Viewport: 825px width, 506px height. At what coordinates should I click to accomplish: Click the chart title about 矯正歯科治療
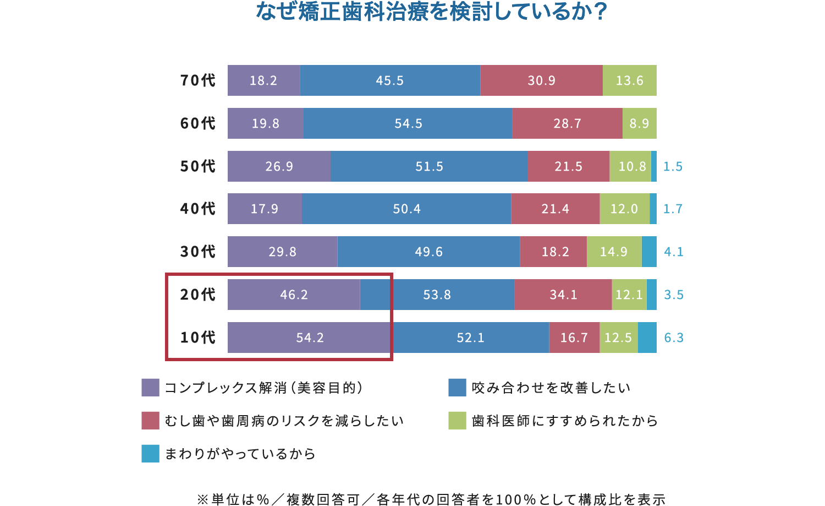431,12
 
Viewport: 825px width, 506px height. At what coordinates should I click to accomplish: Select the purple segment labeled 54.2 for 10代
310,338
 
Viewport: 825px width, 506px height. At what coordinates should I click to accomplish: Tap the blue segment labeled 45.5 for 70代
390,80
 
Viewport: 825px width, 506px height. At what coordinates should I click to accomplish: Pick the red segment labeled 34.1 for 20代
563,295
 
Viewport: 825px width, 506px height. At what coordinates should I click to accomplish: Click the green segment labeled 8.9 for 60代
639,123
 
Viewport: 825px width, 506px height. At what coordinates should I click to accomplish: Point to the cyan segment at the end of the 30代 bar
649,252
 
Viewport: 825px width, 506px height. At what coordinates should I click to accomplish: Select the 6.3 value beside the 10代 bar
673,338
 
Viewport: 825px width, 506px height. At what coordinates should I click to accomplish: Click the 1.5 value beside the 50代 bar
673,166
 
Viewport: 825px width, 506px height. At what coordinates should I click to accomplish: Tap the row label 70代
198,80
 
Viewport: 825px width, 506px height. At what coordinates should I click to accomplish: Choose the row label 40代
198,209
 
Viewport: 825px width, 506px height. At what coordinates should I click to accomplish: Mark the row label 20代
198,295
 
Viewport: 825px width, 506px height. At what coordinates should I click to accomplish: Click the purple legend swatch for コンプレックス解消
150,388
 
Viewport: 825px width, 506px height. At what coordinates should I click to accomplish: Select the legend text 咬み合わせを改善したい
551,388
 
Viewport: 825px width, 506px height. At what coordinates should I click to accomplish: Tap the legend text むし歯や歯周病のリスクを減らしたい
284,421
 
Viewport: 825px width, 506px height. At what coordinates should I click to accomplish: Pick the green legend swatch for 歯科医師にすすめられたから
457,421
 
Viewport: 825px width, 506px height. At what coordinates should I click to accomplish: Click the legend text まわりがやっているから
240,454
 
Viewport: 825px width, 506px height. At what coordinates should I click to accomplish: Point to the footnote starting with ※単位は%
431,499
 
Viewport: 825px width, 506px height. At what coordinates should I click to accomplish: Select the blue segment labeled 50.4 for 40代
406,209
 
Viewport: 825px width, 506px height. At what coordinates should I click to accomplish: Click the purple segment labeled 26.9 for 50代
279,166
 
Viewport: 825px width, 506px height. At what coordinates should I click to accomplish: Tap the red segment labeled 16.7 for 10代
574,338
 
